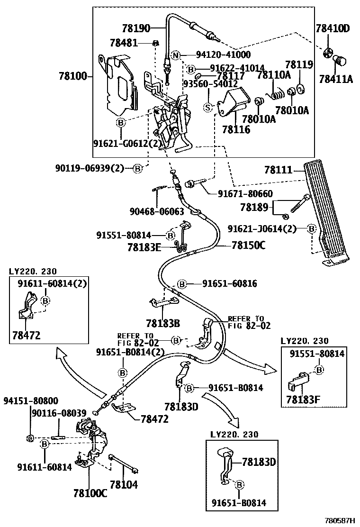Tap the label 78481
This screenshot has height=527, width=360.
(125, 43)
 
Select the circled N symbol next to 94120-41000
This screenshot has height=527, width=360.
(175, 55)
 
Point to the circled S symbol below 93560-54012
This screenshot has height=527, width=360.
(207, 107)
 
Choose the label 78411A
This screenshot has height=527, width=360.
(336, 79)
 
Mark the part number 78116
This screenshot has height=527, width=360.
(236, 129)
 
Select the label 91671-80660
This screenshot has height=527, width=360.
(245, 193)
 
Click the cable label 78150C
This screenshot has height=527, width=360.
(249, 245)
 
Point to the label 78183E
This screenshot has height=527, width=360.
(144, 247)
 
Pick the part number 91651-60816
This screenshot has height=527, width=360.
(230, 284)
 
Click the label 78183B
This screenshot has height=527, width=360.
(163, 323)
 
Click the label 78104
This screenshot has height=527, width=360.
(124, 484)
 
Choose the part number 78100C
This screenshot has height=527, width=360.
(90, 493)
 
